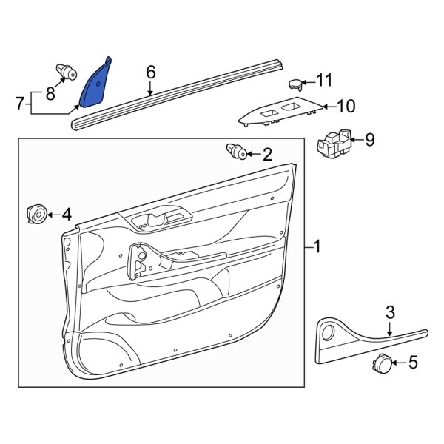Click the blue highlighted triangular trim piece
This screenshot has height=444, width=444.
coord(94,84)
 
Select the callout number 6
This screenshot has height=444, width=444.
coord(151,72)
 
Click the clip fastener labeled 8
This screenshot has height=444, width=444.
coord(67,73)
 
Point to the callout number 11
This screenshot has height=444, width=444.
coord(326,79)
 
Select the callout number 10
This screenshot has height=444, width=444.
coord(346,106)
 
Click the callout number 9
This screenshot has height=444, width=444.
coord(370,138)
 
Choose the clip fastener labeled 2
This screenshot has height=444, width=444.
coord(237,152)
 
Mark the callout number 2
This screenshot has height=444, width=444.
coord(267,154)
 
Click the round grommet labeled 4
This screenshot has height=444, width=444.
coord(35,215)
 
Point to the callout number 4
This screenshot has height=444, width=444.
coord(67,215)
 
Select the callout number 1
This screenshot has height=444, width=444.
coord(317,246)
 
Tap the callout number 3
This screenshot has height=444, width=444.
coord(390,313)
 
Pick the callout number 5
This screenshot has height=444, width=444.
coord(413,363)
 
